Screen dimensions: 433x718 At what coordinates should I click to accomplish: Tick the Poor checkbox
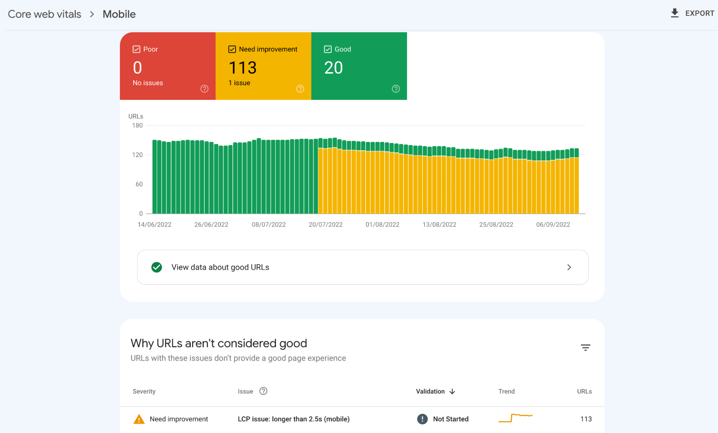[x=136, y=49]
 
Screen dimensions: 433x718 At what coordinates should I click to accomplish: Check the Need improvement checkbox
[x=232, y=49]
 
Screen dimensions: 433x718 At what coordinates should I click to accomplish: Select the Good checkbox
[x=328, y=49]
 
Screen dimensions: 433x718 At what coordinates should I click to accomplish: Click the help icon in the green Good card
[x=395, y=89]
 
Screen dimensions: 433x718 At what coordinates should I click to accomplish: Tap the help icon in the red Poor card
[x=204, y=89]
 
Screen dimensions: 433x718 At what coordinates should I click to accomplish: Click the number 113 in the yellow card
[x=242, y=68]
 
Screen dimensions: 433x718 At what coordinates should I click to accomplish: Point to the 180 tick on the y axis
[x=137, y=125]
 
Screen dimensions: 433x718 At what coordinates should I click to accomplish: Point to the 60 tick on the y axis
[x=139, y=184]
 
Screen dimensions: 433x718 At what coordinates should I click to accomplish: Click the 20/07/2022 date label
[x=325, y=224]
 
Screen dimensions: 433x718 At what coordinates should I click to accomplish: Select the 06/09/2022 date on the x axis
[x=553, y=224]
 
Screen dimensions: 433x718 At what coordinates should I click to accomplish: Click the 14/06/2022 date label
[x=154, y=224]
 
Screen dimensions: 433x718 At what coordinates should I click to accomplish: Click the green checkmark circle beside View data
[x=157, y=267]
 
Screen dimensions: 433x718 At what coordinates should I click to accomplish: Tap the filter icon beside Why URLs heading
[x=585, y=347]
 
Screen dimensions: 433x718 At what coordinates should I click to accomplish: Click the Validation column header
[x=431, y=391]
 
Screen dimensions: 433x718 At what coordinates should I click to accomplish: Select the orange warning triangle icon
[x=139, y=419]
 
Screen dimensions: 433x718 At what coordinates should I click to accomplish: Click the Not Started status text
[x=450, y=419]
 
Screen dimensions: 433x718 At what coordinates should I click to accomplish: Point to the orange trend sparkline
[x=515, y=418]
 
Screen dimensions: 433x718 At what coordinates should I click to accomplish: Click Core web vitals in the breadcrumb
[x=45, y=14]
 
